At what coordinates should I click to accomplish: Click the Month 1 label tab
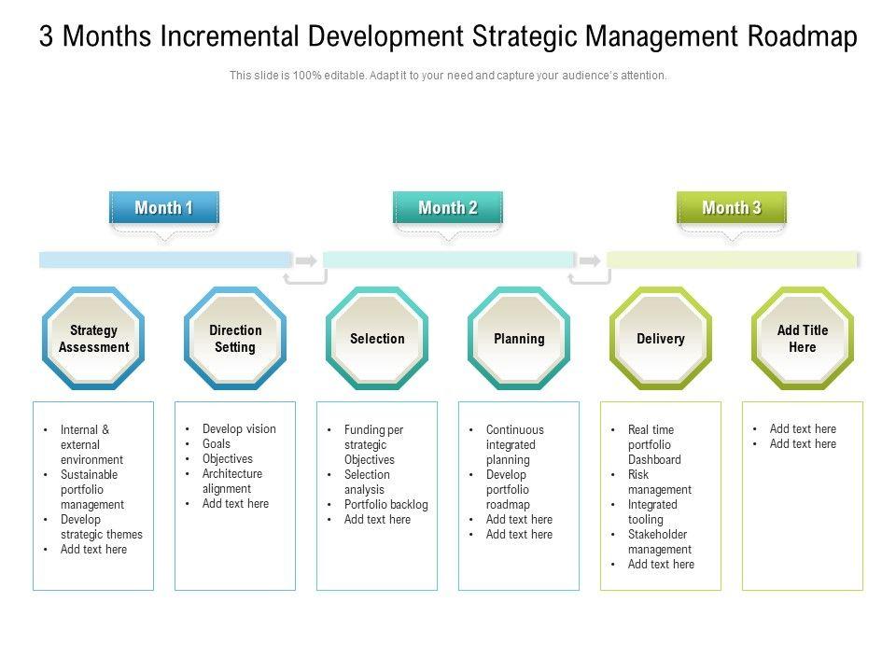[x=164, y=207]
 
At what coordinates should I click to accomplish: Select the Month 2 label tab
[x=448, y=207]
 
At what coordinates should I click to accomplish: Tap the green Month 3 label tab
[x=732, y=207]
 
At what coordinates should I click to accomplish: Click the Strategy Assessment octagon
[x=93, y=339]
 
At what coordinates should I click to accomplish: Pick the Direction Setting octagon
[x=235, y=339]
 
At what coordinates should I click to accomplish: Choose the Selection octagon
[x=377, y=339]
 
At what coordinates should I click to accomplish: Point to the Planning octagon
[x=519, y=339]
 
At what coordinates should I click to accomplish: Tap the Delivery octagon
[x=661, y=339]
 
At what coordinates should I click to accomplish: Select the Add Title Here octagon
[x=803, y=339]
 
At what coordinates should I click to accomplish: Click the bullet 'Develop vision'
[x=239, y=429]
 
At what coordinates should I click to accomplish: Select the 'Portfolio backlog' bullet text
[x=385, y=505]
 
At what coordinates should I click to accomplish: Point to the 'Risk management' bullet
[x=659, y=483]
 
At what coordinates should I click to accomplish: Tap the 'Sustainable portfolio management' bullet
[x=92, y=490]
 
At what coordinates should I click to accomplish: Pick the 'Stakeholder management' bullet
[x=659, y=542]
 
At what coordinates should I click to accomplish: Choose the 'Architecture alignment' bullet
[x=231, y=482]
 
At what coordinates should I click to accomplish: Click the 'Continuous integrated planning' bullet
[x=514, y=445]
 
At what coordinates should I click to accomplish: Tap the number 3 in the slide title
[x=47, y=37]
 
